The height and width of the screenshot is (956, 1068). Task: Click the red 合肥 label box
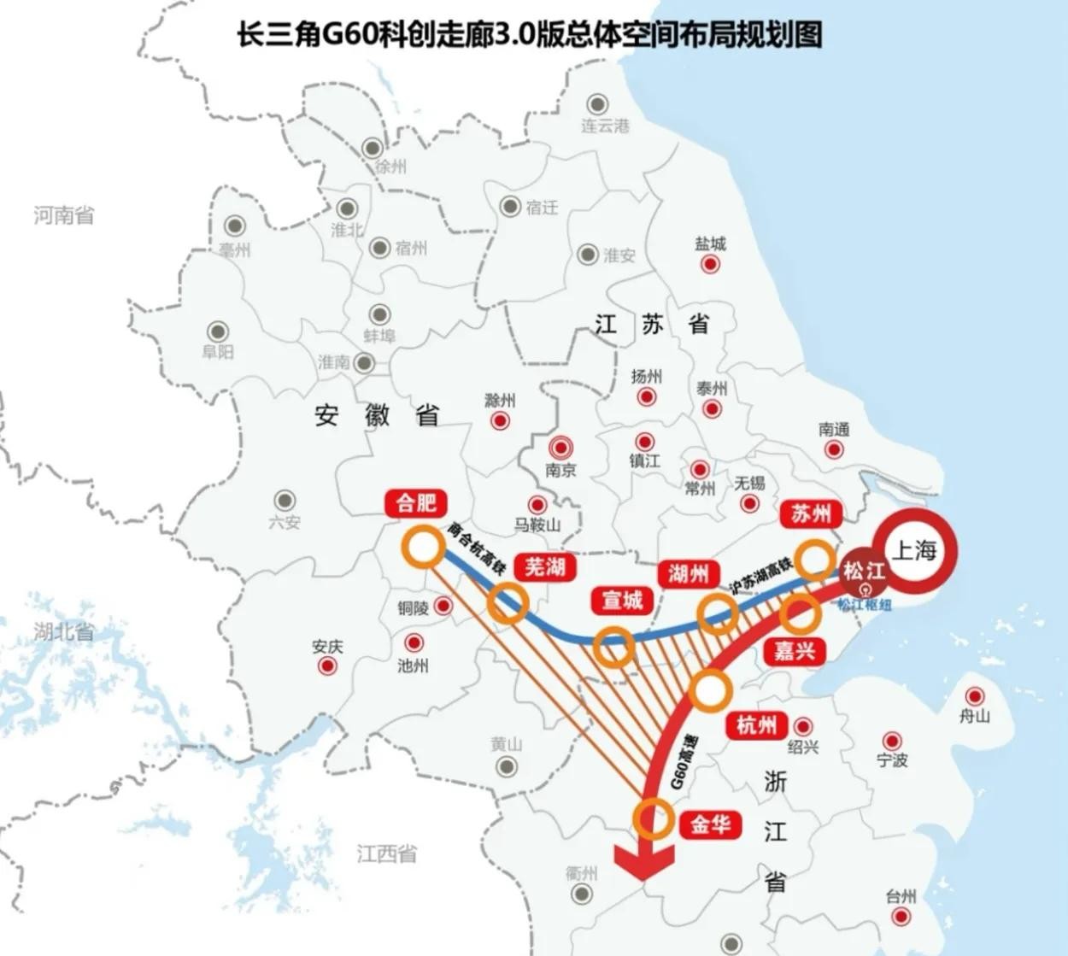coord(416,502)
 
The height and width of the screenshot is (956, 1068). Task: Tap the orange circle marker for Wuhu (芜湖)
coord(508,603)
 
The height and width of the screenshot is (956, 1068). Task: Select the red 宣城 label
coord(622,601)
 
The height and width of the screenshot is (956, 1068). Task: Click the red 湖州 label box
coord(689,573)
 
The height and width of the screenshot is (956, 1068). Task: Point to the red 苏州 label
coord(811,513)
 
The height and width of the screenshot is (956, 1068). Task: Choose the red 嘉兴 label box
coord(795,651)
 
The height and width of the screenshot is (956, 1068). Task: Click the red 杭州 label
coord(756,725)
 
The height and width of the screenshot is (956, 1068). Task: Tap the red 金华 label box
coord(710,824)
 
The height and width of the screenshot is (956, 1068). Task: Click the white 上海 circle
coord(914,550)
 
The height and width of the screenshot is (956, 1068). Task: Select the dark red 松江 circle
coord(863,571)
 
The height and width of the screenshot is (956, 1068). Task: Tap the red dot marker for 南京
coord(560,447)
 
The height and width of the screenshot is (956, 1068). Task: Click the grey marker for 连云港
coord(596,104)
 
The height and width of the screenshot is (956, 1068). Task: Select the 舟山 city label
coord(974,716)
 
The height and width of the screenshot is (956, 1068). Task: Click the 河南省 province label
coord(64,215)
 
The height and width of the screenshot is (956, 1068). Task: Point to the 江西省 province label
coord(387,853)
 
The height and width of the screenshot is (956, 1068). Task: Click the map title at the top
coord(530,35)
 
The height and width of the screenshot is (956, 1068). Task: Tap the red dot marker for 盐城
coord(710,264)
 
